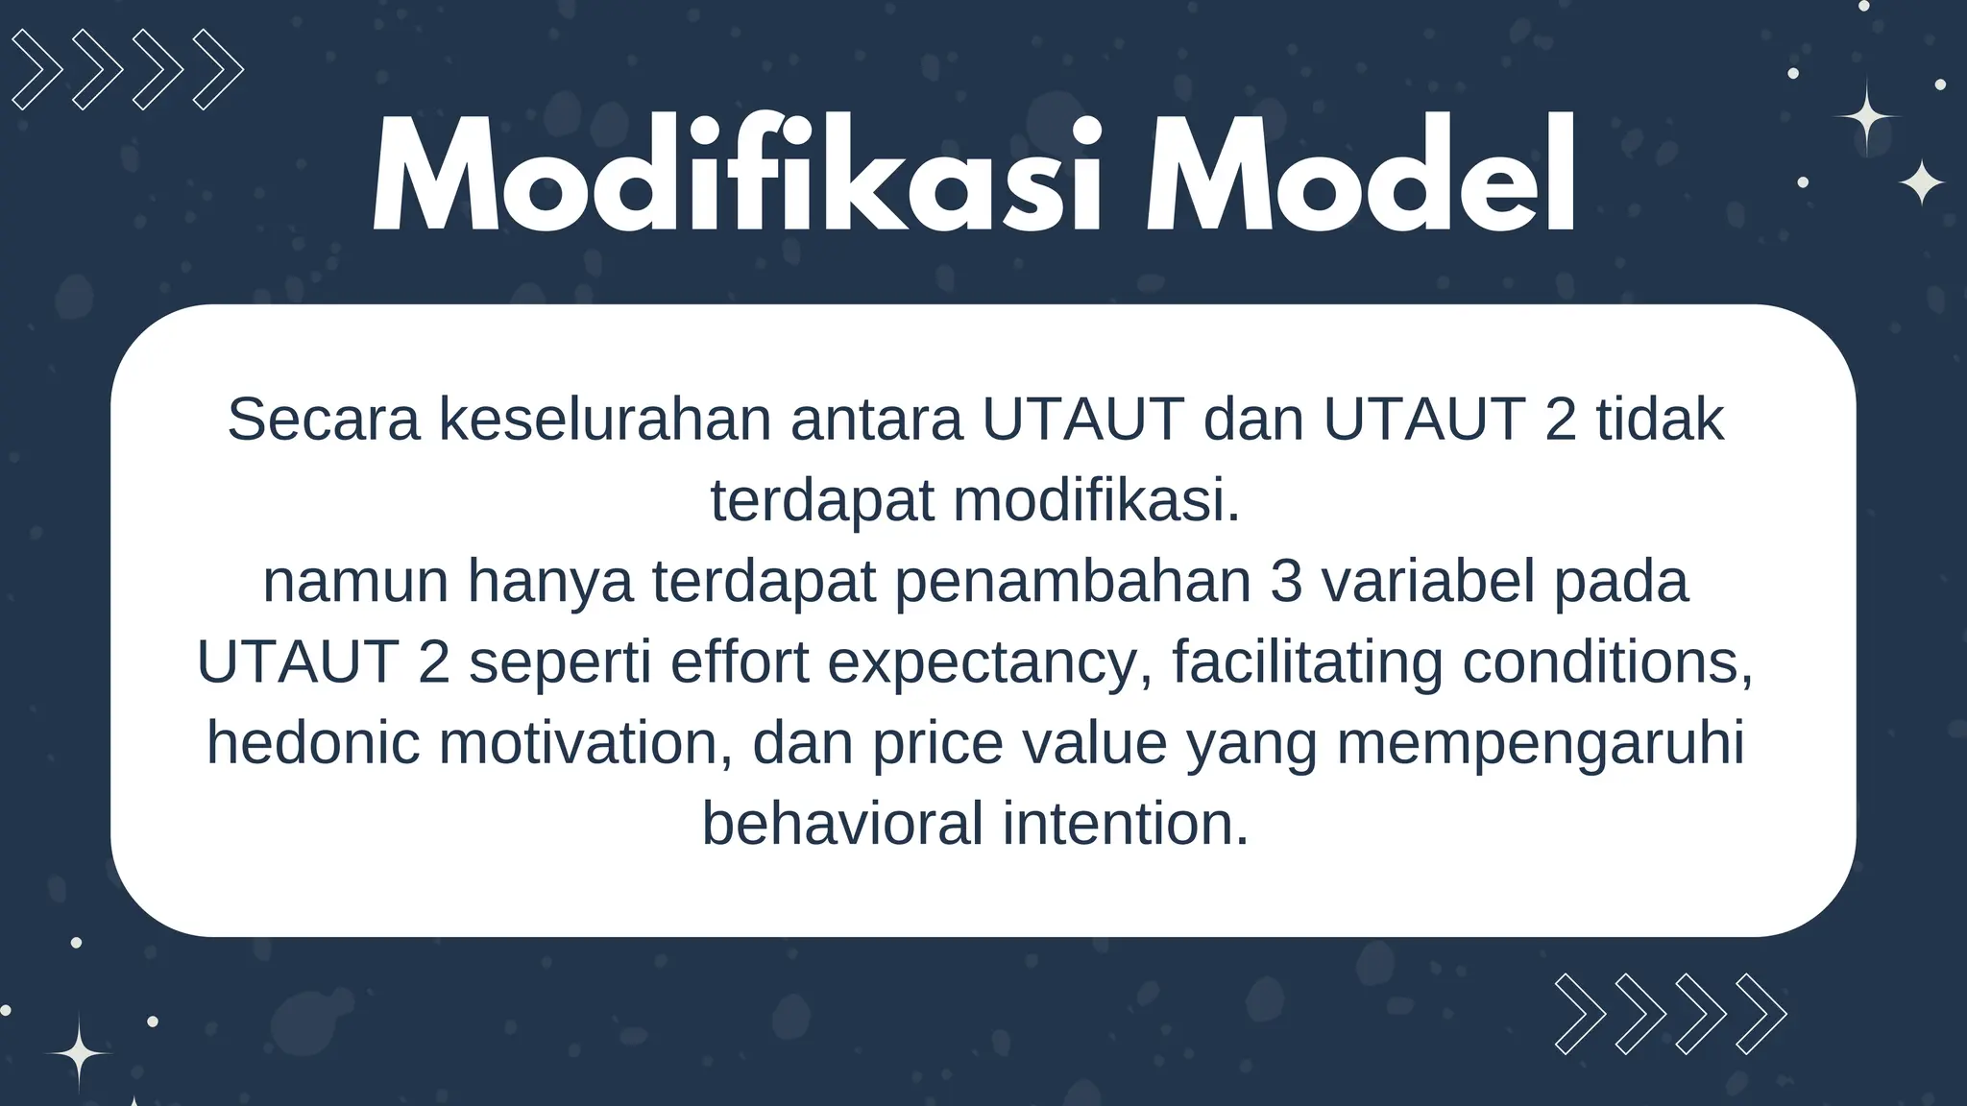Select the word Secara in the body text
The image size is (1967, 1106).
click(324, 420)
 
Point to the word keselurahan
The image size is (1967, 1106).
click(605, 420)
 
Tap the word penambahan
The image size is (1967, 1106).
click(1073, 582)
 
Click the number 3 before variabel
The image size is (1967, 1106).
click(1285, 582)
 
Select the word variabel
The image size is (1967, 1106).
click(1428, 582)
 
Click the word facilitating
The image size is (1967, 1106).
click(1307, 662)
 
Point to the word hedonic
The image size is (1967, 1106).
click(313, 743)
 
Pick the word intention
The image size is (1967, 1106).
click(1126, 824)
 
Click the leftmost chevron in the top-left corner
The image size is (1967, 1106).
click(36, 69)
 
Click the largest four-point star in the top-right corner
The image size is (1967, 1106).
click(1866, 117)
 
